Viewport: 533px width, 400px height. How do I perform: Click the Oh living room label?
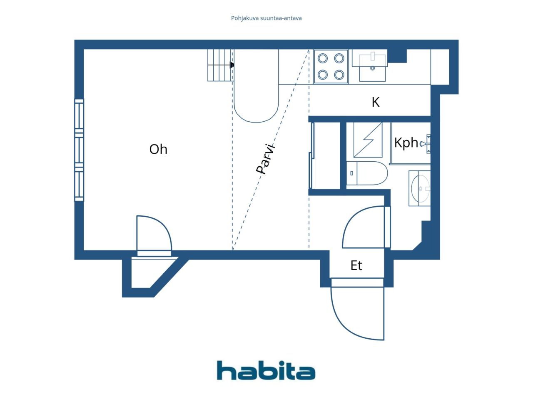[x=158, y=149]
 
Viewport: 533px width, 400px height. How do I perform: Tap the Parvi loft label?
[x=265, y=159]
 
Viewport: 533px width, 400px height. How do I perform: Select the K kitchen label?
[x=376, y=102]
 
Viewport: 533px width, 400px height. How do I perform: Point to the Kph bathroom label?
[x=406, y=143]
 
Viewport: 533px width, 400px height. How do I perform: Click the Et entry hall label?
[x=356, y=265]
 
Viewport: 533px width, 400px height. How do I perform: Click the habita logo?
[x=266, y=370]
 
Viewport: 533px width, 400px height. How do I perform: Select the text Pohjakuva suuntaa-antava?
[x=266, y=18]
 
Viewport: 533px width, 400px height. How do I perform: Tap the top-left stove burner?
[x=322, y=58]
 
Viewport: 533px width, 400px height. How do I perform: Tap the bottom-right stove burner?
[x=339, y=75]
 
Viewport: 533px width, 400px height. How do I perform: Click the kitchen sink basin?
[x=372, y=68]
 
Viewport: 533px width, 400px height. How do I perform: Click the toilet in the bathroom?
[x=367, y=173]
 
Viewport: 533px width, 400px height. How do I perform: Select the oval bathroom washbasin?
[x=421, y=188]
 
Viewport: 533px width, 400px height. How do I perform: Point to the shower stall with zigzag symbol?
[x=368, y=140]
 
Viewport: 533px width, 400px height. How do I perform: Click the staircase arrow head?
[x=232, y=65]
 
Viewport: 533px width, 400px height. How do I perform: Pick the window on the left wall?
[x=79, y=150]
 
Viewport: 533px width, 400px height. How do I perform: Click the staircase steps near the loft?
[x=221, y=65]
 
